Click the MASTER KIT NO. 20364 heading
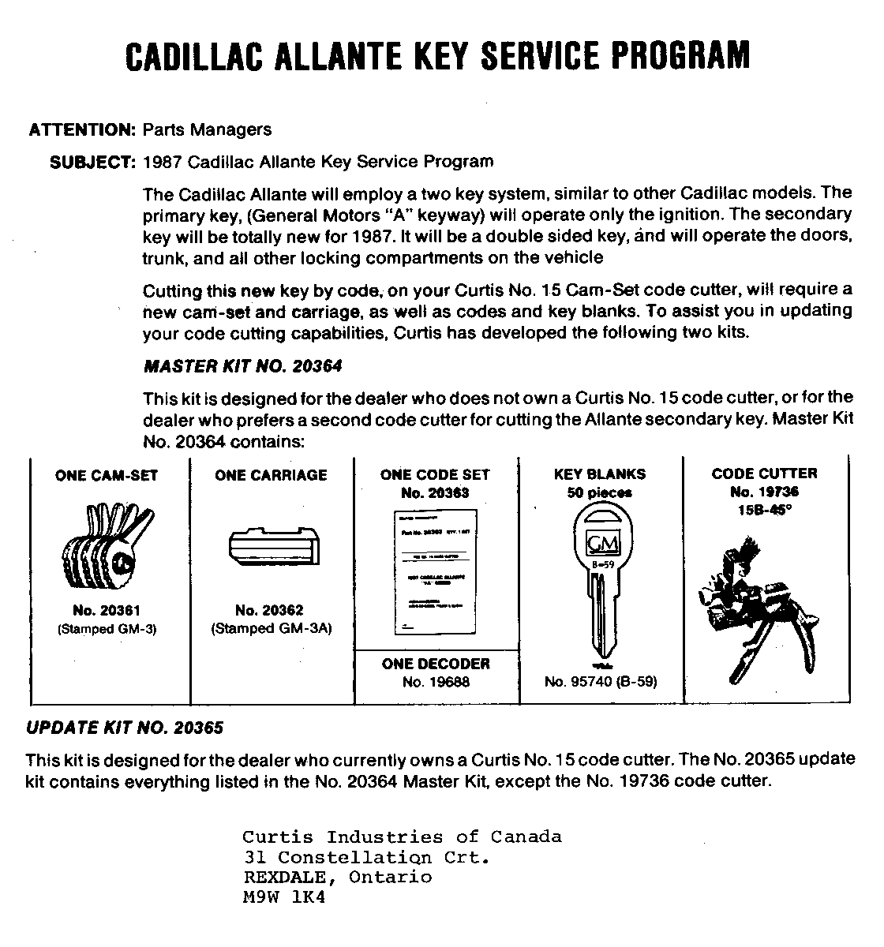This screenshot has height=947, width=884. click(242, 366)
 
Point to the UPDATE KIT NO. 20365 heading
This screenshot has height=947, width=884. click(125, 727)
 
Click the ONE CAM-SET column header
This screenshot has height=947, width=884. click(107, 475)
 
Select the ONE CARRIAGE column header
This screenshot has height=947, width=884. click(271, 475)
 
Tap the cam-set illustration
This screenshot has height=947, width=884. click(107, 549)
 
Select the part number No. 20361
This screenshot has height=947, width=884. click(107, 611)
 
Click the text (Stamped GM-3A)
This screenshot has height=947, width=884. click(271, 629)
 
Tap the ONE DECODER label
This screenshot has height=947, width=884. click(436, 664)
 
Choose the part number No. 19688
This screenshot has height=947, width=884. click(436, 682)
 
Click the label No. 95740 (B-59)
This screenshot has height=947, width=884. click(600, 682)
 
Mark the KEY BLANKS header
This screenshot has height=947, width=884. click(600, 474)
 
